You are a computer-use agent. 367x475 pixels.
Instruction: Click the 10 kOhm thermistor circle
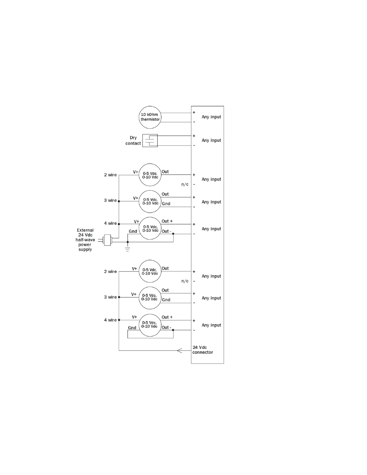point(150,117)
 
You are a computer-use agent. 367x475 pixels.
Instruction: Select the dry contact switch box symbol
point(150,140)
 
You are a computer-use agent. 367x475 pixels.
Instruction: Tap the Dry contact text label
point(133,140)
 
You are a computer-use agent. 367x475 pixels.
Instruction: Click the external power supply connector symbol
point(107,240)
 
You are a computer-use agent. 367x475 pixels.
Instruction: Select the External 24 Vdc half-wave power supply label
point(85,240)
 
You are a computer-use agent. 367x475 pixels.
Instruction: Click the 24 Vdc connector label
point(202,350)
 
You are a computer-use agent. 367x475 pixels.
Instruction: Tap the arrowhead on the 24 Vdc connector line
point(179,350)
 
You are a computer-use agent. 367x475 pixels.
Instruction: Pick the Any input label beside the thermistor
point(211,117)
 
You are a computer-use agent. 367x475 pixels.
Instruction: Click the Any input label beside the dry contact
point(211,140)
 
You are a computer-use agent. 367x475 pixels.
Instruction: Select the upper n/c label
point(185,184)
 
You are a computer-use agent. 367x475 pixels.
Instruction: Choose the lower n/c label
point(185,281)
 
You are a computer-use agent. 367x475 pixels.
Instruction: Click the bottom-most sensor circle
point(150,325)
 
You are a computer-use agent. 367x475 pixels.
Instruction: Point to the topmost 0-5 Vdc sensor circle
point(150,175)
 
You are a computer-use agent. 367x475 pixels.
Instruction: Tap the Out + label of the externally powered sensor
point(167,221)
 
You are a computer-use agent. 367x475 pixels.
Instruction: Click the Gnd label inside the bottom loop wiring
point(132,328)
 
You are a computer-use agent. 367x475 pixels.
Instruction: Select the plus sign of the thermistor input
point(194,112)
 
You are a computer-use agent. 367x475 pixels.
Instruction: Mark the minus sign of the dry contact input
point(194,145)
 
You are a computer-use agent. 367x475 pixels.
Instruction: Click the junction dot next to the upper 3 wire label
point(119,201)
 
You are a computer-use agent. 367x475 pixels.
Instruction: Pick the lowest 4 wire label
point(110,320)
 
